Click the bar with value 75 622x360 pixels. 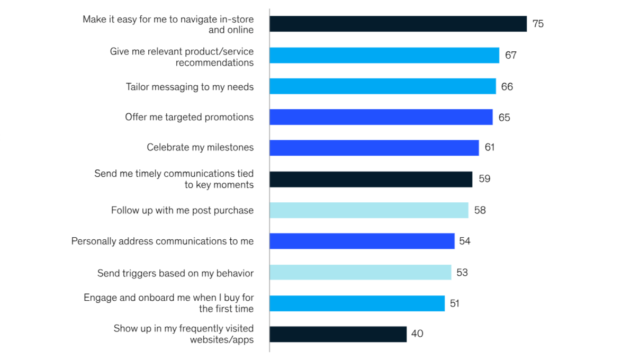pos(398,24)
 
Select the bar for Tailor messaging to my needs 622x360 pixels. pos(382,86)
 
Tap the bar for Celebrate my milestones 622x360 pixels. pos(374,148)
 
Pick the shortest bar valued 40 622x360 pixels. pos(338,334)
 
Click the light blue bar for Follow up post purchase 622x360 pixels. pos(368,210)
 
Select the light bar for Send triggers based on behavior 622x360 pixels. pos(360,273)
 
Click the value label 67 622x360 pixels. pos(510,55)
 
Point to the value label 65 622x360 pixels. pos(504,118)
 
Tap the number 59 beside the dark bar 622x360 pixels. pos(484,179)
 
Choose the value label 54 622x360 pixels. pos(464,241)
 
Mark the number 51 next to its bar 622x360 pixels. pos(454,303)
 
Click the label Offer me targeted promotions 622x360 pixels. pos(189,117)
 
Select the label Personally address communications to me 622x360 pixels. pos(163,241)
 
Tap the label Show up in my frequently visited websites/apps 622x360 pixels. pos(184,334)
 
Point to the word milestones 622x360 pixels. pos(230,148)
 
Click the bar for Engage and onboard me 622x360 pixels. pos(357,303)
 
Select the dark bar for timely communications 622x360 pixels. pos(371,179)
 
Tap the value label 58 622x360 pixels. pos(480,210)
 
